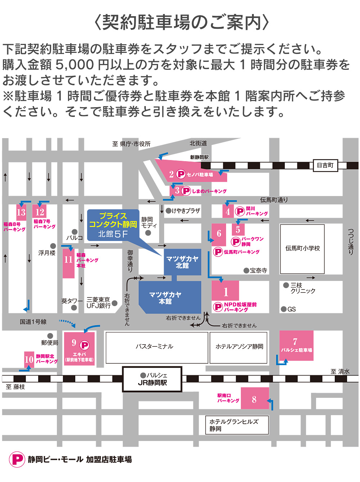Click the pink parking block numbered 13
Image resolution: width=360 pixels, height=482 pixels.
click(21, 212)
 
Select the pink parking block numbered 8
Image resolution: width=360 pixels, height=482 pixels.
click(255, 398)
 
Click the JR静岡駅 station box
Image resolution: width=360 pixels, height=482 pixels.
click(152, 379)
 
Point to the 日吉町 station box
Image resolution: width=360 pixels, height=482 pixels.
click(325, 165)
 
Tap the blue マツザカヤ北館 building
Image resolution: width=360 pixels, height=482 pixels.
click(182, 262)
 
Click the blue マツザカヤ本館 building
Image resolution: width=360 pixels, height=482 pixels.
click(166, 297)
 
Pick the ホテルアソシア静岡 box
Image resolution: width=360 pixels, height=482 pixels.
click(239, 347)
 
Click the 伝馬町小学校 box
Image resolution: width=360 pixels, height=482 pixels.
click(302, 249)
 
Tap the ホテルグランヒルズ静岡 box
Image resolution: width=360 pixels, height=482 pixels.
click(237, 425)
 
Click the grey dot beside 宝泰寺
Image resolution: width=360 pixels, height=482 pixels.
click(246, 270)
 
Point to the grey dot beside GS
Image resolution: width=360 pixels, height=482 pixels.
click(284, 309)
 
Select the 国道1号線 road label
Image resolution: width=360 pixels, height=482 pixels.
click(33, 322)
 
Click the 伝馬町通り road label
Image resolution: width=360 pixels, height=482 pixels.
click(274, 200)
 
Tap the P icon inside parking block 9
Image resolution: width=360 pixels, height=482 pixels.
click(85, 345)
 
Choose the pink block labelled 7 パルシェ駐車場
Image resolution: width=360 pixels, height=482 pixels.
click(296, 346)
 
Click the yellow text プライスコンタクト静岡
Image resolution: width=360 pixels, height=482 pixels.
click(113, 220)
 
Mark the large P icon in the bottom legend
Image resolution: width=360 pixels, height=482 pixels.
click(17, 459)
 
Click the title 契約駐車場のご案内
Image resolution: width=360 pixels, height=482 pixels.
click(181, 22)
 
